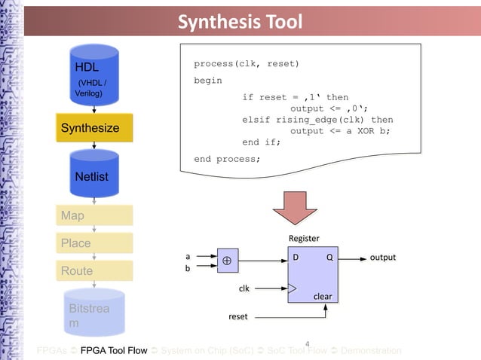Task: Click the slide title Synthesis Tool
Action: click(x=240, y=22)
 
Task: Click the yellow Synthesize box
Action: click(x=93, y=128)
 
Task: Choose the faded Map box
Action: click(x=93, y=215)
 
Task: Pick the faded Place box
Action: click(x=93, y=243)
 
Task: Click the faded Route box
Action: click(x=93, y=270)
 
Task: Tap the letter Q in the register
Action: click(x=329, y=258)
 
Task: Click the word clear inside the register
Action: click(x=323, y=296)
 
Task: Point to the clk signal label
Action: click(x=244, y=288)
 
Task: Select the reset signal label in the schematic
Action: click(x=237, y=316)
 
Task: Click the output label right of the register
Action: click(x=382, y=258)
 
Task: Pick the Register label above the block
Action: click(x=304, y=238)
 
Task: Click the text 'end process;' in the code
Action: click(x=226, y=159)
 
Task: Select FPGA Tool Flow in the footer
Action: click(x=114, y=351)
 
